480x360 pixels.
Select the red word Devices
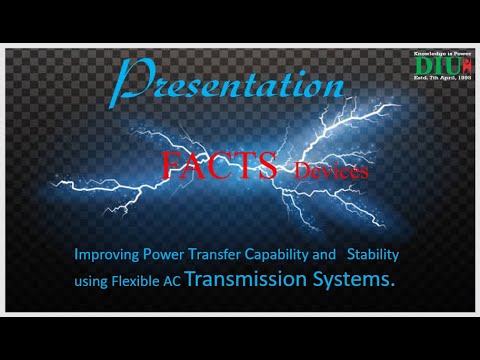pyautogui.click(x=331, y=172)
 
